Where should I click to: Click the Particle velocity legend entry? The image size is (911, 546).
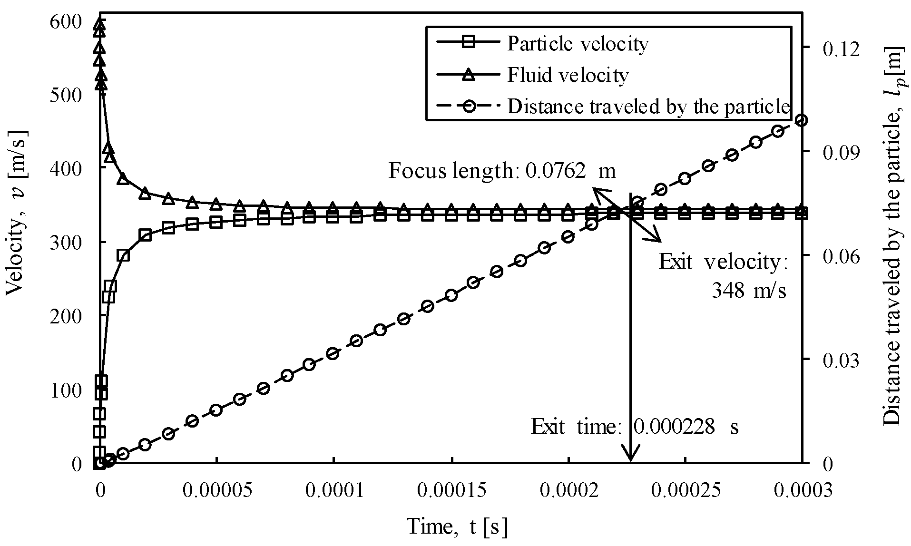point(577,44)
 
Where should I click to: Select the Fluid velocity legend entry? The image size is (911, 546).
point(567,75)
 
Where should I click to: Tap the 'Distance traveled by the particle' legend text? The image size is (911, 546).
point(648,106)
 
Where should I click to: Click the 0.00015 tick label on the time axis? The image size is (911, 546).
point(452,490)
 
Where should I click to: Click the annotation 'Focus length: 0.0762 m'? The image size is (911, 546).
point(502,170)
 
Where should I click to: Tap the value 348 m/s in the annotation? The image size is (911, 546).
point(748,290)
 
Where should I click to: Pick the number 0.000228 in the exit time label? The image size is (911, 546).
point(674,427)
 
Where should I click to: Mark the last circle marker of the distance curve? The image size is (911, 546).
point(802,120)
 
